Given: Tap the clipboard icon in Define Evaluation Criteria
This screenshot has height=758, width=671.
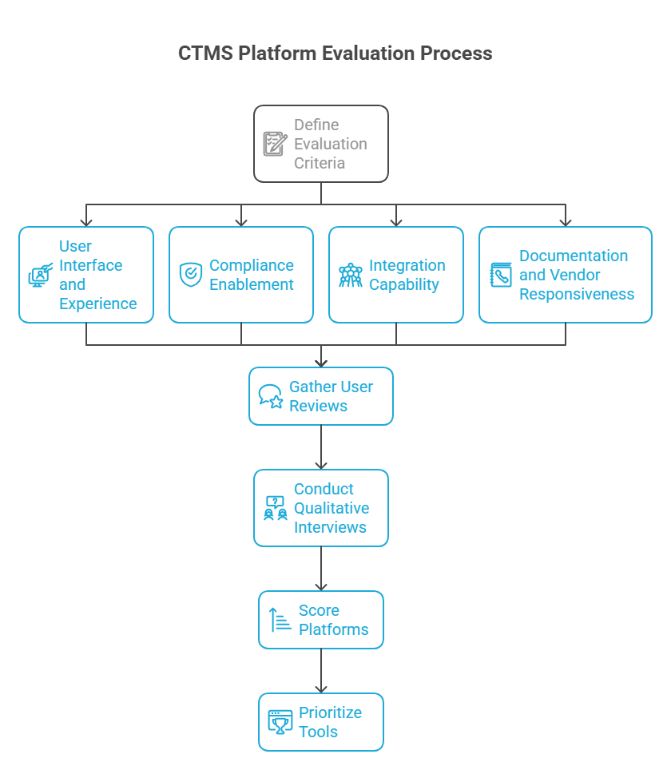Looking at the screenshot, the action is [x=275, y=144].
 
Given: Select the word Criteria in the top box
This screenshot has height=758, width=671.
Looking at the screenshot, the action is [x=320, y=164].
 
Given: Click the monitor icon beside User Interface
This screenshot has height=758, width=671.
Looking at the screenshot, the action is [x=41, y=275].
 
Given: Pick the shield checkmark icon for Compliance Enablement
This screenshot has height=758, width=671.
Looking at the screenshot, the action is [x=191, y=275].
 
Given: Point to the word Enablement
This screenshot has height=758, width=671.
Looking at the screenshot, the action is [x=252, y=284].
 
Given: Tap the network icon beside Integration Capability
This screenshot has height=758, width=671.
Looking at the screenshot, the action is [x=351, y=275].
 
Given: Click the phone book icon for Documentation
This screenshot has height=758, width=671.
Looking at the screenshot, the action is [x=501, y=275].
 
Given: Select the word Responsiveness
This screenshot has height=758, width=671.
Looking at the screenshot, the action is [x=577, y=295].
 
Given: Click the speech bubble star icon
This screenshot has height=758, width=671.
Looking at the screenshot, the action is [x=271, y=396].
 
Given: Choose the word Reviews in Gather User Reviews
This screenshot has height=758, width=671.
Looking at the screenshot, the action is [x=318, y=406].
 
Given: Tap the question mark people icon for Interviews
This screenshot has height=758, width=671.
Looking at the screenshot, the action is [x=276, y=508].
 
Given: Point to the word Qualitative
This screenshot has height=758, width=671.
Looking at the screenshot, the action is [x=332, y=508].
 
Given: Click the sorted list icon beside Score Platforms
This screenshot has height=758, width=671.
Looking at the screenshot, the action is [x=280, y=620].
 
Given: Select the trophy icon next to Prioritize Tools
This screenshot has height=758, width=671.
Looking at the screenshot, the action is [x=280, y=722].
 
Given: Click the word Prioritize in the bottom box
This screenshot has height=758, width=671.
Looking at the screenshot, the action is [x=330, y=712].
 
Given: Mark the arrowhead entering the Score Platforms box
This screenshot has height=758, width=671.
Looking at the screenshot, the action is [x=321, y=587].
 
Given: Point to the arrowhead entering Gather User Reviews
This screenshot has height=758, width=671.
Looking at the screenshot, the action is [x=321, y=364].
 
